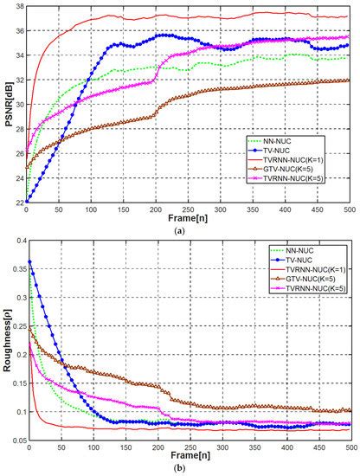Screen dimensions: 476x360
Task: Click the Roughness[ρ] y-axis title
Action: click(7, 344)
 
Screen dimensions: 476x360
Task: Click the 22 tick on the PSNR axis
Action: click(20, 202)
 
